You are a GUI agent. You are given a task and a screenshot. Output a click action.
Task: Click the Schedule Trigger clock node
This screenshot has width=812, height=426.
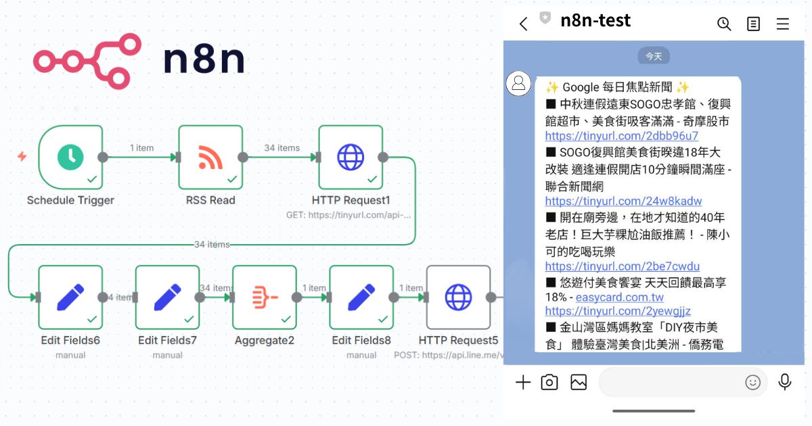tap(70, 158)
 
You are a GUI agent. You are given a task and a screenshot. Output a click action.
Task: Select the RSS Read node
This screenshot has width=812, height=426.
tap(210, 158)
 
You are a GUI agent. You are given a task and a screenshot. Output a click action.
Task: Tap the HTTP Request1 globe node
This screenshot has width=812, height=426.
tap(351, 158)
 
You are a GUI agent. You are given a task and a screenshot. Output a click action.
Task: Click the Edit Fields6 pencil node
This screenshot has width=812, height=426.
tap(70, 298)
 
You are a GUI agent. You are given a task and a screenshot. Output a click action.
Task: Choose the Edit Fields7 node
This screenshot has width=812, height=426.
tap(167, 298)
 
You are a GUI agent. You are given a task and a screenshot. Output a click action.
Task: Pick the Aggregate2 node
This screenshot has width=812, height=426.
tap(265, 298)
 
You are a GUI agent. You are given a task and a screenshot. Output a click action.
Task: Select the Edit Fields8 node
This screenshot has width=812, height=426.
tap(361, 298)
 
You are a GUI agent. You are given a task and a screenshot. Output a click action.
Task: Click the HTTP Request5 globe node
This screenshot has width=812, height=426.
tap(458, 298)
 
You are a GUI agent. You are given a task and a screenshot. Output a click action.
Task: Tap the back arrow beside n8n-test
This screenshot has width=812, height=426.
tap(523, 24)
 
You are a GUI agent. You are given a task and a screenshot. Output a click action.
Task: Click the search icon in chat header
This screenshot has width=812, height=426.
tap(724, 24)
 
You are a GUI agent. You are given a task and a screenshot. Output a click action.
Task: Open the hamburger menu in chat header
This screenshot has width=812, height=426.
tap(783, 24)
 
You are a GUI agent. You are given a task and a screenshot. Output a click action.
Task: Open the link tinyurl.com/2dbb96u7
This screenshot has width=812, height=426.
tap(622, 136)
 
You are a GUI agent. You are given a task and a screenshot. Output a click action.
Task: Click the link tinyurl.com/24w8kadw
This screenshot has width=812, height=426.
tap(623, 201)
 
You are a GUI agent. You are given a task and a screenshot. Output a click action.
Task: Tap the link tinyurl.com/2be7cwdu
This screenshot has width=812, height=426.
tap(623, 266)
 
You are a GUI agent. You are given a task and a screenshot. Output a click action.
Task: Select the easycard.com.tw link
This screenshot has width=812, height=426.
tap(619, 298)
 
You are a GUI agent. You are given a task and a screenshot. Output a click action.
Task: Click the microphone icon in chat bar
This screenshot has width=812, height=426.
tap(785, 382)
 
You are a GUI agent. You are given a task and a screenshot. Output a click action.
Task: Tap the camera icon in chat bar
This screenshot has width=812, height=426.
tap(549, 383)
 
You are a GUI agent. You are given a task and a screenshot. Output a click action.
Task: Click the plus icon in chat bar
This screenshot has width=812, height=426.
tap(523, 383)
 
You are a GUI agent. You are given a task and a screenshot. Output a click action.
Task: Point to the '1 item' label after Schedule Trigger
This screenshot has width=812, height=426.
tap(141, 147)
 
